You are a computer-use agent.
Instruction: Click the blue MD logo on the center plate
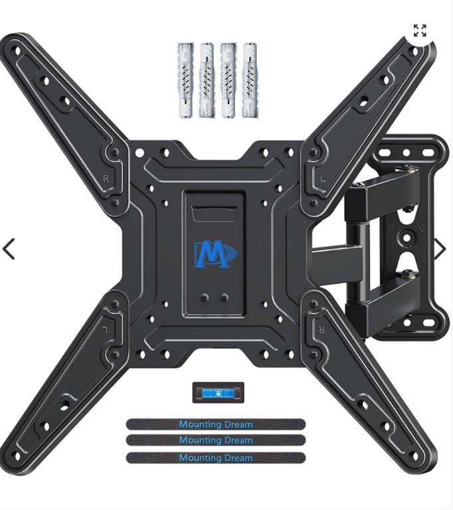[215, 254]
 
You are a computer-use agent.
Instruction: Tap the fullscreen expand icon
[420, 31]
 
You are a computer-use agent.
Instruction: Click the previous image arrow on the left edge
[9, 249]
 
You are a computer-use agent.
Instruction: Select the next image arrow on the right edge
[440, 249]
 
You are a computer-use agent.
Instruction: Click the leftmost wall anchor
[185, 80]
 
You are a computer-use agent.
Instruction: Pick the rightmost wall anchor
[250, 80]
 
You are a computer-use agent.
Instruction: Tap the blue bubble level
[218, 392]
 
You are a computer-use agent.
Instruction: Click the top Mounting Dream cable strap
[216, 424]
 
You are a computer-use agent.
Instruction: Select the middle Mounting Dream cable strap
[216, 440]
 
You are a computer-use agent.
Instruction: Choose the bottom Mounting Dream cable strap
[216, 458]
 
